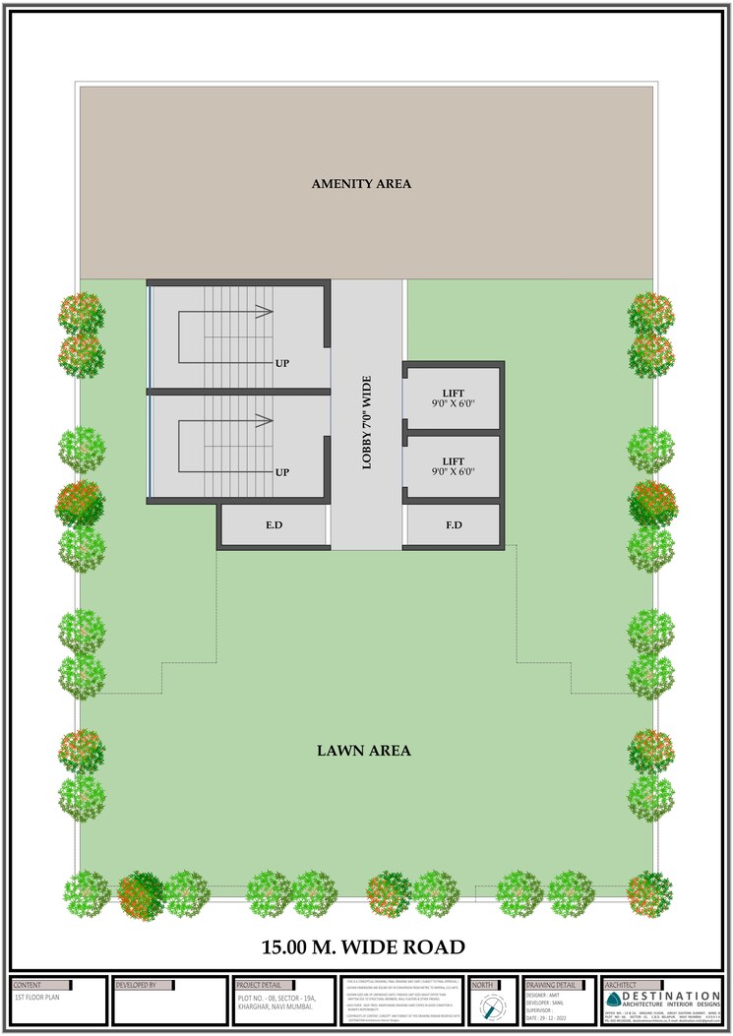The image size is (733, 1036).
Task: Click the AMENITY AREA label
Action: tap(361, 184)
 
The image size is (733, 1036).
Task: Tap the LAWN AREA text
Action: tap(363, 751)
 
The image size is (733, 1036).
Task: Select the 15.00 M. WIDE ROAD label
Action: tap(362, 947)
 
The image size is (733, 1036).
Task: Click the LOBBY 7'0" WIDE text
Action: tap(367, 420)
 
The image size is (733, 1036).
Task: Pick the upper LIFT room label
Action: tap(453, 399)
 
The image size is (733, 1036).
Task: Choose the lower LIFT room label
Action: tap(453, 466)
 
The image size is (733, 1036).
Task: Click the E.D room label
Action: tap(274, 525)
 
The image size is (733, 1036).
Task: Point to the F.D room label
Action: tap(454, 525)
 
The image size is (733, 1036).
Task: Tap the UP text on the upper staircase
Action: tap(282, 363)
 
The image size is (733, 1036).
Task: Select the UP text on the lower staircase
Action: tap(282, 472)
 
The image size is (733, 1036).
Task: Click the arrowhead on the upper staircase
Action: tap(264, 313)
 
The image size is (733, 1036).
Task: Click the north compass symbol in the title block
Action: tap(493, 1008)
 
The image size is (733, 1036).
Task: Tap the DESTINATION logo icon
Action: tap(614, 999)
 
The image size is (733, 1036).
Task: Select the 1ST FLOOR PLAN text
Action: tap(36, 997)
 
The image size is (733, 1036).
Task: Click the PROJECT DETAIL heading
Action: tap(259, 984)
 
